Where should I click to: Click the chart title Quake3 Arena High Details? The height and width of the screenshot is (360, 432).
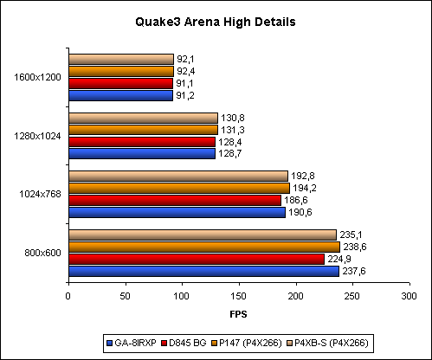pos(216,22)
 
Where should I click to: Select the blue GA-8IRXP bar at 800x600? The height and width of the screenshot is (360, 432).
pos(204,271)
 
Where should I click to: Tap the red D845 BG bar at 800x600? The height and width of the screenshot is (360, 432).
pos(197,259)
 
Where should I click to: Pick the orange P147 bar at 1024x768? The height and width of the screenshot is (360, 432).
pos(179,188)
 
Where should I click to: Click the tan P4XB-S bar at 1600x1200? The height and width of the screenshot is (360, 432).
pos(121,59)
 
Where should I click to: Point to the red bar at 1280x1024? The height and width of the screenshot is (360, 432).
pos(142,142)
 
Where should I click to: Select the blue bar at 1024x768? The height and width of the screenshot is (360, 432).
pos(177,212)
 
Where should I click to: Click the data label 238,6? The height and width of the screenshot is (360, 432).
pos(355,247)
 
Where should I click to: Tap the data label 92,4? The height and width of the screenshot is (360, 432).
pos(186,71)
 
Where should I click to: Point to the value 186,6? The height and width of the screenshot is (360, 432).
pos(296,200)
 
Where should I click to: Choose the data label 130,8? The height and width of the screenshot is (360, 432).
pos(233,118)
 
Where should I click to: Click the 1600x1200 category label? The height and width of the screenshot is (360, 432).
pos(37,77)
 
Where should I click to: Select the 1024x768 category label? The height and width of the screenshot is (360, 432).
pos(40,194)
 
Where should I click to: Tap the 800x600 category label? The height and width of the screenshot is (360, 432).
pos(42,253)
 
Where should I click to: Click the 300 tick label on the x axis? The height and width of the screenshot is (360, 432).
pos(409,296)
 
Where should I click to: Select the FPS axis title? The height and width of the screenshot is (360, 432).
pos(238,314)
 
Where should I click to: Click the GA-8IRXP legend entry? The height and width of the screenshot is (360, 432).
pos(132,343)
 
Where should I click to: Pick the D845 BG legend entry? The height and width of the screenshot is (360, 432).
pos(184,343)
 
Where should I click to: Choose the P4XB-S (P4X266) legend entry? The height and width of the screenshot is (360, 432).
pos(328,343)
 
